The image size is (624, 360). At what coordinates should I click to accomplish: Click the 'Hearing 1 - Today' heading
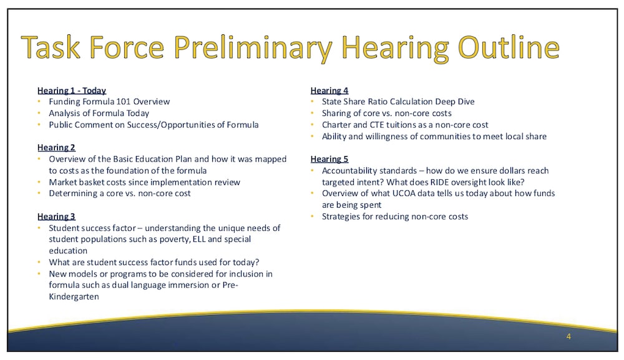tap(72, 90)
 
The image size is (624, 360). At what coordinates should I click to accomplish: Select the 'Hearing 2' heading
tap(56, 148)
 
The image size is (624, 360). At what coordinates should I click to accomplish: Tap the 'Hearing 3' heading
tap(56, 216)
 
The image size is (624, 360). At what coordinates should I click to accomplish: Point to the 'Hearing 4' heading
tap(329, 90)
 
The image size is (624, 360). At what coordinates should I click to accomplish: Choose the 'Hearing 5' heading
tap(329, 159)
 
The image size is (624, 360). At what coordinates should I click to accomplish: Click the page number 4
tap(568, 336)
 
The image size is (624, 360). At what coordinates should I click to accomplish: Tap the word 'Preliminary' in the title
tap(253, 49)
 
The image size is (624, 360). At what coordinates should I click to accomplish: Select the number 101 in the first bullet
tap(124, 102)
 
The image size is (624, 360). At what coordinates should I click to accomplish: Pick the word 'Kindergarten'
tap(74, 297)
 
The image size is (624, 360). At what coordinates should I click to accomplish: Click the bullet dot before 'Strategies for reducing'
tap(313, 216)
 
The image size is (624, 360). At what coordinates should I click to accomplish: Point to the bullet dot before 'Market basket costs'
tap(39, 182)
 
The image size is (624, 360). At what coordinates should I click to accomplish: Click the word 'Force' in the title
tap(127, 47)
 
